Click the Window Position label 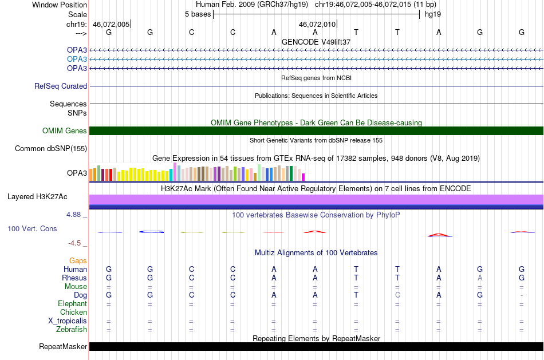[60, 5]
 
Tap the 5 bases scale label [198, 14]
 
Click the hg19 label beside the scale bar [433, 14]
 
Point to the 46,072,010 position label [317, 24]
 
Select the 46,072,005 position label [111, 24]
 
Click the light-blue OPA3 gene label [77, 59]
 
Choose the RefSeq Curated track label [61, 86]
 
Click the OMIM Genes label [65, 130]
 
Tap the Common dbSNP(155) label [51, 148]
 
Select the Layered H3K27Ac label [37, 197]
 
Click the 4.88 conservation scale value [73, 215]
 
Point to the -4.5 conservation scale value [74, 243]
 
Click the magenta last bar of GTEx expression [303, 177]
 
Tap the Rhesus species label [74, 278]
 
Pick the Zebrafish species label [72, 329]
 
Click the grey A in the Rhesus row [480, 278]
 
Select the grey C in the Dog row [397, 295]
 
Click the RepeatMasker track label [63, 346]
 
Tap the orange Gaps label [78, 261]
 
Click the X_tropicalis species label [68, 321]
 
